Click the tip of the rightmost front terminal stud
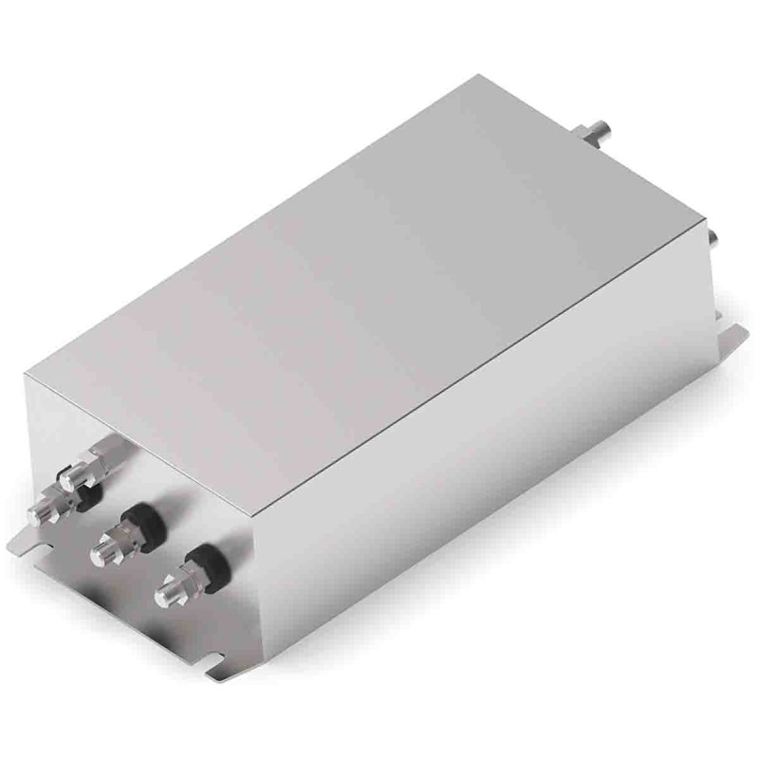pyautogui.click(x=163, y=596)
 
